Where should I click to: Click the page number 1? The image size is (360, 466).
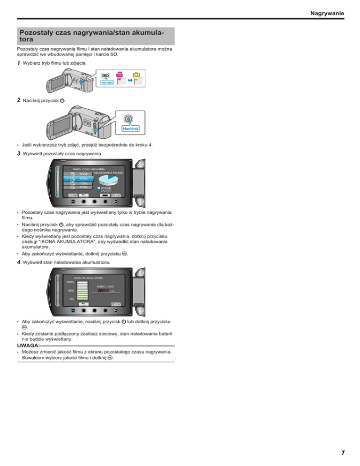click(343, 453)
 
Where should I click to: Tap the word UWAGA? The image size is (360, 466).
click(27, 345)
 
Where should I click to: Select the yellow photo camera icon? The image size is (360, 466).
click(136, 74)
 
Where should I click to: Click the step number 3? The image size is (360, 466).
click(19, 153)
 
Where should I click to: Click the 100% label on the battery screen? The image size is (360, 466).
click(70, 282)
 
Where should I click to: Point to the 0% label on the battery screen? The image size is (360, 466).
click(72, 298)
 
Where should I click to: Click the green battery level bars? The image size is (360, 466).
click(82, 294)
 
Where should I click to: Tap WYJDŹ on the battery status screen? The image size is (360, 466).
click(117, 304)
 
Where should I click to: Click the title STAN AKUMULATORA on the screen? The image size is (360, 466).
click(89, 278)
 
